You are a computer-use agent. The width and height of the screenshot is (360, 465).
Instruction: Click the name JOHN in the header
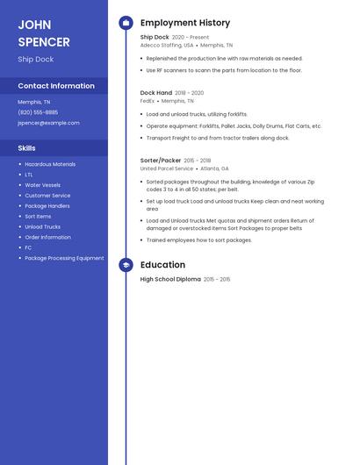(x=34, y=25)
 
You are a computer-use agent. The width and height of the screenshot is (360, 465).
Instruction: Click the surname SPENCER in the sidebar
(x=44, y=42)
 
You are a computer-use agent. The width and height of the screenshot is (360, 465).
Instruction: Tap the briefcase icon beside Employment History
(x=126, y=23)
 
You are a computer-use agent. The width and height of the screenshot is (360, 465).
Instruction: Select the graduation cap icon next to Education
(x=126, y=265)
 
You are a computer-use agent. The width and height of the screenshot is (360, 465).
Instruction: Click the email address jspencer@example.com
(x=48, y=123)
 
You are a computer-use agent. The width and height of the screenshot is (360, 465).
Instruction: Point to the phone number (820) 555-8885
(x=38, y=112)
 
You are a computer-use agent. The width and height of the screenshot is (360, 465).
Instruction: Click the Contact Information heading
(x=56, y=86)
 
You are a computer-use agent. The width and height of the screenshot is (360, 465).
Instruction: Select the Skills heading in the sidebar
(x=26, y=148)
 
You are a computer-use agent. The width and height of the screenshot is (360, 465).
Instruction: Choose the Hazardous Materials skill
(x=50, y=164)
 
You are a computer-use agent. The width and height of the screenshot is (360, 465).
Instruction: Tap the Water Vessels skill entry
(x=42, y=185)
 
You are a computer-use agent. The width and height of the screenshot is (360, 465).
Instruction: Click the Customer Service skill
(x=47, y=196)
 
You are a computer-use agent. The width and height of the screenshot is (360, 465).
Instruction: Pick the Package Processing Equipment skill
(x=64, y=258)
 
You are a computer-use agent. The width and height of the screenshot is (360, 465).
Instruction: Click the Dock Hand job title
(x=155, y=92)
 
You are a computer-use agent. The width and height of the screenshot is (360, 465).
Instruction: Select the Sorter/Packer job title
(x=161, y=161)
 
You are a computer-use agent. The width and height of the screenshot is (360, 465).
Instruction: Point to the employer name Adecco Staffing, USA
(x=167, y=45)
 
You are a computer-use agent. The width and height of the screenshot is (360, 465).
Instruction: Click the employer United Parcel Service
(x=167, y=168)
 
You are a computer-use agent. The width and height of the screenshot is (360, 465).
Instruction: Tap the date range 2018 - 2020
(x=189, y=92)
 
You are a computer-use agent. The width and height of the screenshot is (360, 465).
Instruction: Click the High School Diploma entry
(x=170, y=279)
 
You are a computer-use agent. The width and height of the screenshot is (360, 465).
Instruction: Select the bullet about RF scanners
(x=223, y=70)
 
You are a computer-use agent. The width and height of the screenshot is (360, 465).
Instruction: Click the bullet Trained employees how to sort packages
(x=198, y=240)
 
